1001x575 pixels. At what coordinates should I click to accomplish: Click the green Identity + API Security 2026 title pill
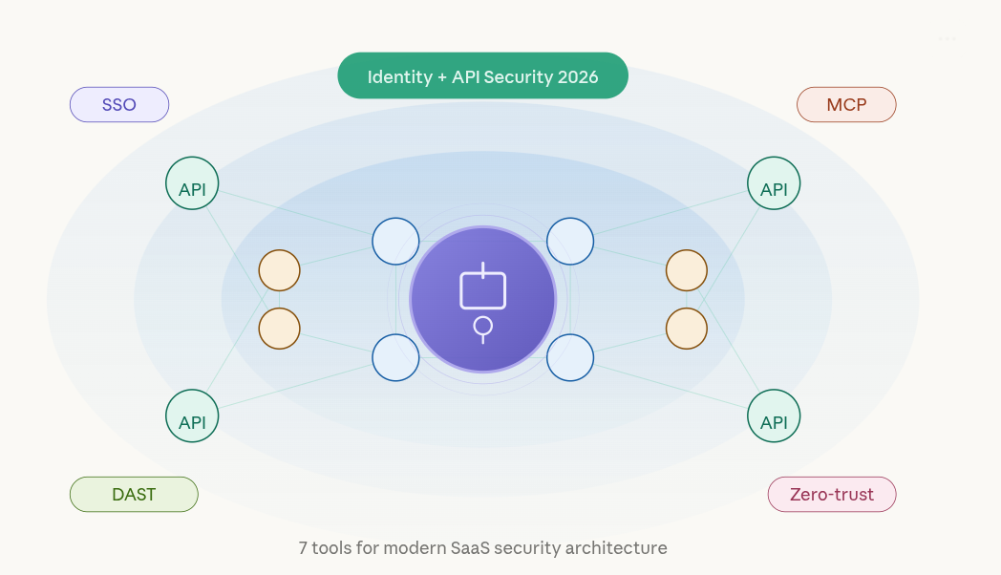click(482, 76)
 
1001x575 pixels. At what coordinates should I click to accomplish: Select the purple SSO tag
click(119, 104)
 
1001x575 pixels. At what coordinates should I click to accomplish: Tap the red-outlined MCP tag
click(846, 104)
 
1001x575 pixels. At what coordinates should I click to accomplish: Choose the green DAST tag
click(134, 494)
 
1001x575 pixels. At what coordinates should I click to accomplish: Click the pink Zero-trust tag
click(832, 495)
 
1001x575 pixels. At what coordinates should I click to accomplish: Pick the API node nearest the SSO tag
click(192, 182)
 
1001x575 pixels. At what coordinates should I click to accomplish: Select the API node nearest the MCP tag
click(774, 182)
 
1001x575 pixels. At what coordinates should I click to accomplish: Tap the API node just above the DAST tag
click(192, 415)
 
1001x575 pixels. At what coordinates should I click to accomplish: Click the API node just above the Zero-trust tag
click(774, 415)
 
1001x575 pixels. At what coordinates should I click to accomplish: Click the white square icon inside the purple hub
click(483, 289)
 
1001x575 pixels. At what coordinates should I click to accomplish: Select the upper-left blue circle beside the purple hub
click(395, 242)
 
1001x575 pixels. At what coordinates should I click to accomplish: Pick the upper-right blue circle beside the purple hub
click(570, 242)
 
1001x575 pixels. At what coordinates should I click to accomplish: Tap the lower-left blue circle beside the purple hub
click(395, 357)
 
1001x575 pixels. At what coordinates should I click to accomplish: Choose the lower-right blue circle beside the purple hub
click(570, 357)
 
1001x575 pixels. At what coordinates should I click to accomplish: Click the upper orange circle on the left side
click(280, 270)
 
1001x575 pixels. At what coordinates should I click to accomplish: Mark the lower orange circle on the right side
click(687, 329)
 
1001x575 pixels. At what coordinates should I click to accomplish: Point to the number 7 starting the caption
click(303, 548)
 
